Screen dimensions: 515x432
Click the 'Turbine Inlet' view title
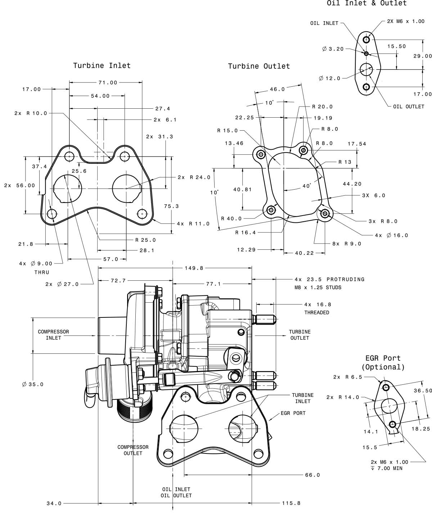pyautogui.click(x=102, y=65)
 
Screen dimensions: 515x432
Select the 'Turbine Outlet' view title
pyautogui.click(x=259, y=66)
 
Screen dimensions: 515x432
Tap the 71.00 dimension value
pyautogui.click(x=108, y=82)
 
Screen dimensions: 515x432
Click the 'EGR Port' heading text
pyautogui.click(x=383, y=358)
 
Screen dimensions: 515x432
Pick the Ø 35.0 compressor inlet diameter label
pyautogui.click(x=33, y=384)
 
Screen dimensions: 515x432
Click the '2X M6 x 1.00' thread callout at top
pyautogui.click(x=406, y=21)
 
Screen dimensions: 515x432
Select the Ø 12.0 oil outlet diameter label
pyautogui.click(x=329, y=78)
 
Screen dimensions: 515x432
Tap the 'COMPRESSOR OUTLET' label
pyautogui.click(x=133, y=450)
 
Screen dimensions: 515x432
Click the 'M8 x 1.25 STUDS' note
pyautogui.click(x=318, y=287)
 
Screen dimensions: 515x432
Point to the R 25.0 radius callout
pyautogui.click(x=145, y=240)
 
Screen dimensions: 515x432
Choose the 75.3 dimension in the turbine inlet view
pyautogui.click(x=171, y=206)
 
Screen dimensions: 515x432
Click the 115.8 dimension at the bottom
pyautogui.click(x=291, y=503)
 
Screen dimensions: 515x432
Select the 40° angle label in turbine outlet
pyautogui.click(x=306, y=186)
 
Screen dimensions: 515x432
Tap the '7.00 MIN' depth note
pyautogui.click(x=389, y=468)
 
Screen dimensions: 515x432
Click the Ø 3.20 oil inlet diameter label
pyautogui.click(x=333, y=49)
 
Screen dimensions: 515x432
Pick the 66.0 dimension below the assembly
pyautogui.click(x=312, y=475)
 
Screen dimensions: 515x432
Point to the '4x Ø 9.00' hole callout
pyautogui.click(x=36, y=263)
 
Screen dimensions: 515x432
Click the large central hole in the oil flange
pyautogui.click(x=366, y=69)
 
